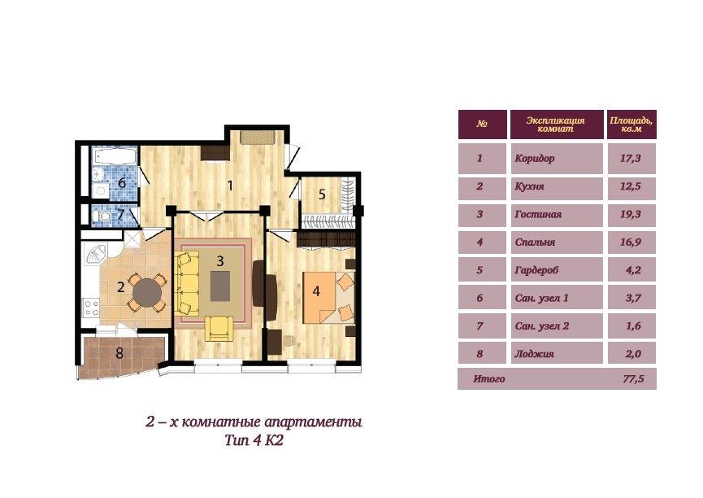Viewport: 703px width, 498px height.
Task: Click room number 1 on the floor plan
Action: [230, 186]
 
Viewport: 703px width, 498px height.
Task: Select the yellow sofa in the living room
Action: [189, 283]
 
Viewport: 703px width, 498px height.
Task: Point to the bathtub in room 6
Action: [115, 156]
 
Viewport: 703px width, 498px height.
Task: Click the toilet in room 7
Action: [103, 216]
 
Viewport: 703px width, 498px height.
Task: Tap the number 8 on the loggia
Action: [119, 353]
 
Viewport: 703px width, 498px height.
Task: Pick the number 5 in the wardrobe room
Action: [322, 194]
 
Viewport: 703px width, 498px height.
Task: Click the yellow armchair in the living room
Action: [219, 329]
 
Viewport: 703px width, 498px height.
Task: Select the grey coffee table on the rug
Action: [220, 286]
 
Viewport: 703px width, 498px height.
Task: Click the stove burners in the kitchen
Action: [92, 308]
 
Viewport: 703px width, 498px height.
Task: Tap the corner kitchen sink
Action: [96, 255]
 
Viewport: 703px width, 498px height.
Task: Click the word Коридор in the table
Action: [535, 159]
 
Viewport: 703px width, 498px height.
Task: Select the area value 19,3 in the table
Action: [631, 214]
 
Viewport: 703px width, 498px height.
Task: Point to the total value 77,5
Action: [633, 378]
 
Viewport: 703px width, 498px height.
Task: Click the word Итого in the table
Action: [489, 379]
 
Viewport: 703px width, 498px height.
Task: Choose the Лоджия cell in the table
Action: [557, 353]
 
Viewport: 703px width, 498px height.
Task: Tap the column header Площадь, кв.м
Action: [631, 124]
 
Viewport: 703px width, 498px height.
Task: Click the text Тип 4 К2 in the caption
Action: [254, 440]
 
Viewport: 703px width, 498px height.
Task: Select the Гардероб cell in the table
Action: [557, 270]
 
